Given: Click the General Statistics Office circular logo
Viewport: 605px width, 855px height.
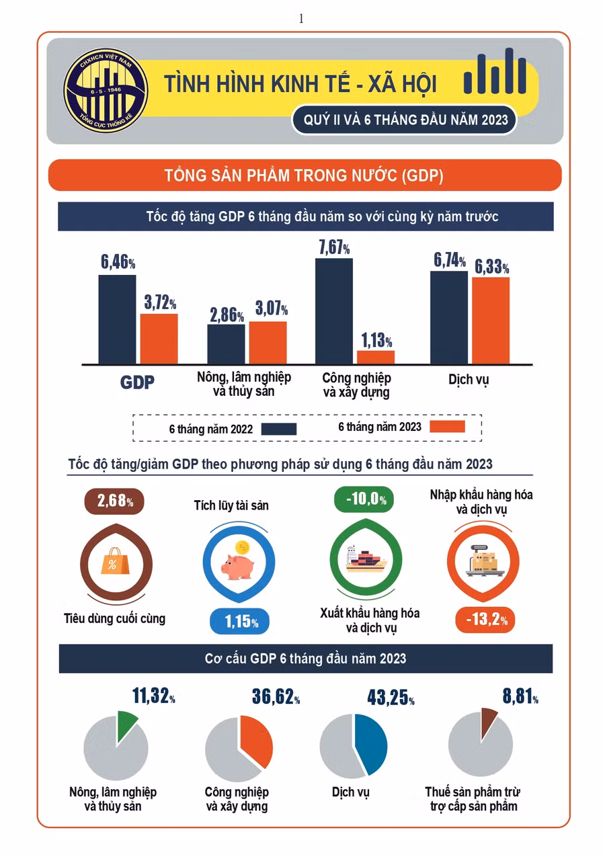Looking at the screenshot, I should [x=106, y=90].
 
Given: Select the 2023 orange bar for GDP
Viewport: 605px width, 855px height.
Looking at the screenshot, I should [x=159, y=339].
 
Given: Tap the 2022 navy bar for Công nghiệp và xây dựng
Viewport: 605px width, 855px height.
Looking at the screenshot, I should [x=334, y=311].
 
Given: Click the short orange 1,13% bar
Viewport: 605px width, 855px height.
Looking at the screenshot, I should [x=376, y=357].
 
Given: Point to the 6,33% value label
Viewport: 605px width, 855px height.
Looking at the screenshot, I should [x=491, y=267].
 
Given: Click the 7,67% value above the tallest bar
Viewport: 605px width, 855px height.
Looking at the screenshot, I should [x=333, y=247].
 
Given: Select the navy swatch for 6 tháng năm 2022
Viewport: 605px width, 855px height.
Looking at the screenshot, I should [x=278, y=429].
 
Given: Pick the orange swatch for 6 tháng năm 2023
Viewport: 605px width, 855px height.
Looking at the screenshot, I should [x=446, y=427].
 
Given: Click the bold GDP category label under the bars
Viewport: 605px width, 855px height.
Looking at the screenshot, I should [x=138, y=382].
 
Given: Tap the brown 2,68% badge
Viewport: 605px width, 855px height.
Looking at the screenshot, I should [x=115, y=501].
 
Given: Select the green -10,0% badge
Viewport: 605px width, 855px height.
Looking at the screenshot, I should [x=364, y=499].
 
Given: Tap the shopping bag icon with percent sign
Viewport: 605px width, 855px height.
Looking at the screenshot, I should [x=112, y=561].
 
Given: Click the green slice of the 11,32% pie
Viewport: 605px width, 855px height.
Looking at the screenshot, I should [x=127, y=725].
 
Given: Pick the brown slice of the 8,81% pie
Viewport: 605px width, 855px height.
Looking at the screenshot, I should [x=490, y=720].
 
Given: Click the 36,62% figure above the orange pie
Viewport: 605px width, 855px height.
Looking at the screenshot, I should [x=276, y=697].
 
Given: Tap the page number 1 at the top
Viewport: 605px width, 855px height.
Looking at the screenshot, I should [x=301, y=19].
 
